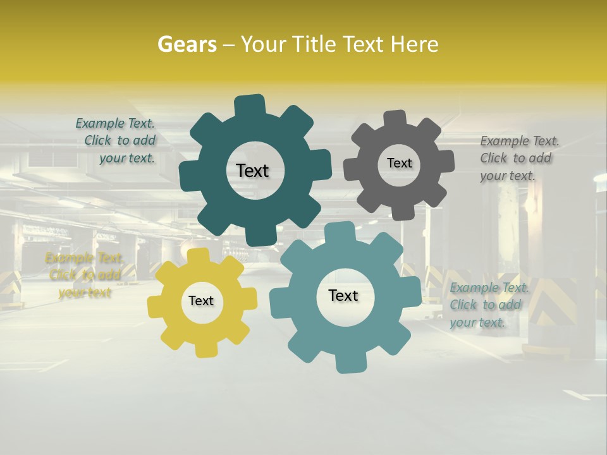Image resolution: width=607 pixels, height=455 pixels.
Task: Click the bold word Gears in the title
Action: pos(187,44)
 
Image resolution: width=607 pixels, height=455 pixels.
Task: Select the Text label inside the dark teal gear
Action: pos(252,171)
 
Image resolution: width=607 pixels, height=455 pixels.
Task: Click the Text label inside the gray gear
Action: pos(399,163)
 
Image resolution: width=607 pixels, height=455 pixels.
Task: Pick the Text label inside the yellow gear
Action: pos(201,301)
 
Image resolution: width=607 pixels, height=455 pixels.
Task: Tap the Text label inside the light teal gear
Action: pos(343,295)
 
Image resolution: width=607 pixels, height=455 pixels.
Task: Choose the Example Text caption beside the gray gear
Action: pos(519,158)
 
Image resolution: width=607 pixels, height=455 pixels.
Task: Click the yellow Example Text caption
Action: pos(84,275)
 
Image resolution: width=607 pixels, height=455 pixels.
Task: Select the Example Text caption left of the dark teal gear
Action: pos(116,140)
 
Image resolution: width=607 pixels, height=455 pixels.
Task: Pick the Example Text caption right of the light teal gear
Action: pos(489,305)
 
